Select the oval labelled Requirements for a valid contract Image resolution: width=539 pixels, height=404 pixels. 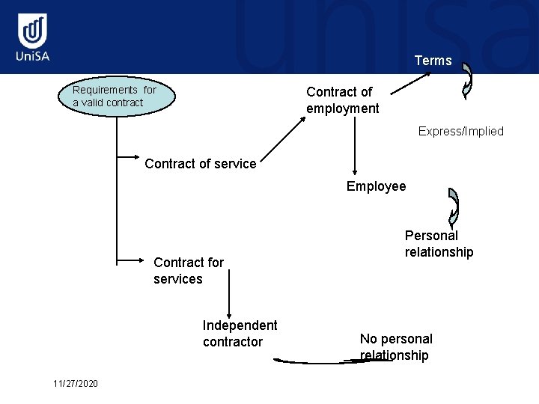click(x=116, y=97)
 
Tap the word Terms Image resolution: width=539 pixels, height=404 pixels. click(x=433, y=61)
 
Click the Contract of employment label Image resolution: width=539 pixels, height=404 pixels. click(x=342, y=100)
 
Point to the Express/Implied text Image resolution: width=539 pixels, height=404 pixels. click(x=460, y=132)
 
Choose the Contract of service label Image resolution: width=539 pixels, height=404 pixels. click(x=200, y=164)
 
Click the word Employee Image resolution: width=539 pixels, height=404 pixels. click(x=376, y=186)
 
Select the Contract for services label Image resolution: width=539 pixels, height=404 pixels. click(x=188, y=271)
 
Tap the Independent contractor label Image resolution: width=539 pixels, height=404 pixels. click(x=240, y=334)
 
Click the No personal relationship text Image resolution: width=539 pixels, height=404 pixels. click(x=395, y=347)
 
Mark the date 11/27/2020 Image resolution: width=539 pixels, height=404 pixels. click(x=76, y=384)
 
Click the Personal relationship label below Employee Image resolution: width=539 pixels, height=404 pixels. click(x=439, y=244)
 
